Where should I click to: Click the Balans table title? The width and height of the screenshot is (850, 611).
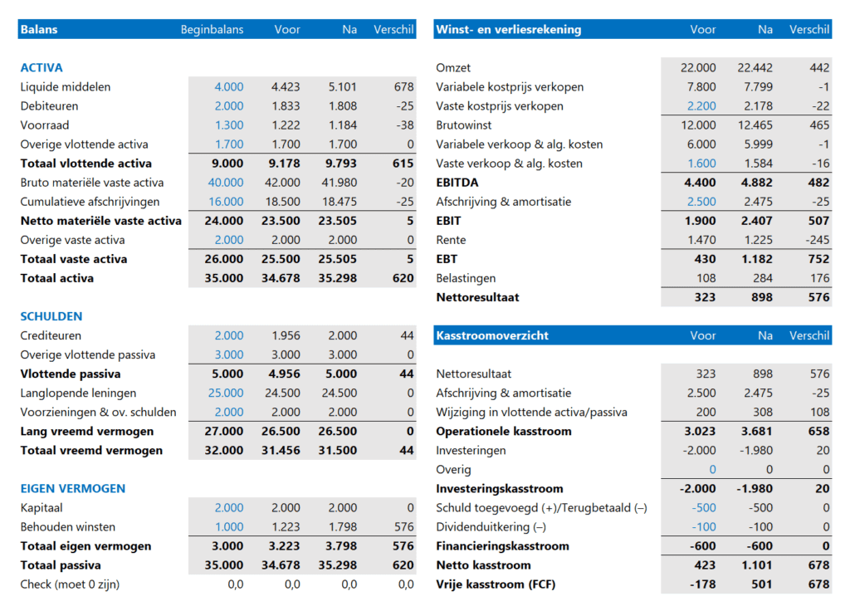pos(39,30)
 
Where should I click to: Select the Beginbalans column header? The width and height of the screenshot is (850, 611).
pos(212,30)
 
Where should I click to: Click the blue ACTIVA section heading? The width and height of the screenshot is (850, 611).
pos(42,68)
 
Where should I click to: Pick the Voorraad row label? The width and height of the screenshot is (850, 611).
pos(45,125)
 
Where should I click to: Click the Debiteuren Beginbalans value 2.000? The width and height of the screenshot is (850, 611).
pos(229,106)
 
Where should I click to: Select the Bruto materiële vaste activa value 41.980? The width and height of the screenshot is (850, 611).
pos(338,183)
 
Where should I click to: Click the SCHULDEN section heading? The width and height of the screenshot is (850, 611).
pos(51,316)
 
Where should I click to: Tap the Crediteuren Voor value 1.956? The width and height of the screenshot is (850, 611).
pos(286,335)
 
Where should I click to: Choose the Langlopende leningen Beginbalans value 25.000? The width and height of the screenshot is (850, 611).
pos(226,393)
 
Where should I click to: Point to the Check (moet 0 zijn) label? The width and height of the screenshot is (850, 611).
pos(70,584)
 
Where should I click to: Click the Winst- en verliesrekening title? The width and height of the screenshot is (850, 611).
pos(508,30)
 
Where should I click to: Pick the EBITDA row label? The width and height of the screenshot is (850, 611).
pos(457,183)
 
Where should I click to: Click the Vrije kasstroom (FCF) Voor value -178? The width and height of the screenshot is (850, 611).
pos(701,584)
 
